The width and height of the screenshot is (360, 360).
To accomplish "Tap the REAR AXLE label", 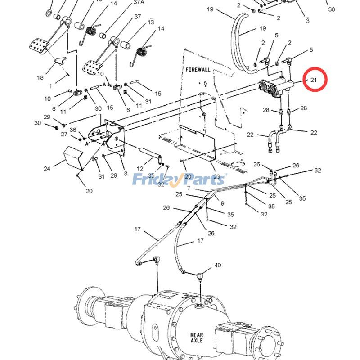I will [197, 337].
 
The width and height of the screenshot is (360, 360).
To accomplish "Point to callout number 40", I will [217, 265].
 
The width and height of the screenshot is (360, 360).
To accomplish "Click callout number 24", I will [47, 169].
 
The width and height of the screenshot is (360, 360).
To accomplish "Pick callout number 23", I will [218, 177].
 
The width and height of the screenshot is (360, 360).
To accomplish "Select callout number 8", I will [125, 174].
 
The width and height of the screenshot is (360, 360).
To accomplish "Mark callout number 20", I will [89, 191].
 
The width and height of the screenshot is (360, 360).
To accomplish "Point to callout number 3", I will [308, 21].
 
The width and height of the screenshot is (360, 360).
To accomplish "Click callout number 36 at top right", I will [332, 9].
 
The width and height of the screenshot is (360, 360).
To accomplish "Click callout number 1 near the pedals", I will [51, 85].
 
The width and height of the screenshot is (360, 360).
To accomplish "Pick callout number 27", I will [64, 134].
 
